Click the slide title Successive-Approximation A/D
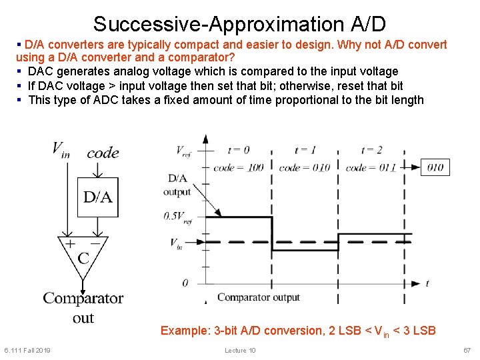point(239,24)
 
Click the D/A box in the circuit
point(98,197)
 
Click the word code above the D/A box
point(103,153)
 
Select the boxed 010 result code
point(435,167)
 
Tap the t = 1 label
point(305,149)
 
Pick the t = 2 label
point(371,149)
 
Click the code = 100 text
point(238,167)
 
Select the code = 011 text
point(371,167)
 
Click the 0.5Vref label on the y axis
point(178,216)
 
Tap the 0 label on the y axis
point(185,283)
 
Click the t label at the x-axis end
point(427,283)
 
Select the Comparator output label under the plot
point(259,297)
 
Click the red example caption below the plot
point(298,331)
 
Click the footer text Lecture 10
point(240,351)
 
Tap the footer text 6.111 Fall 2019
point(27,351)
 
